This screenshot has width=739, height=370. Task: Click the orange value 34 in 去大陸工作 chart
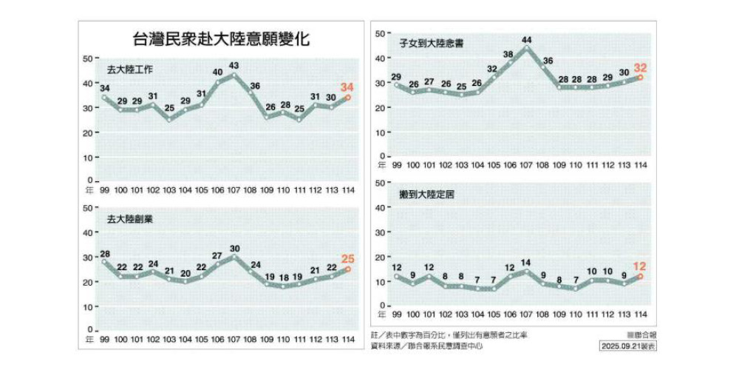(347, 87)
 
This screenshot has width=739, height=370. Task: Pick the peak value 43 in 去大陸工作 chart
(234, 66)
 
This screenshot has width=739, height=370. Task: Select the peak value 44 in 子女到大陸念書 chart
(527, 39)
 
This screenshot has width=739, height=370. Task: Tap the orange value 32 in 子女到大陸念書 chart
(641, 66)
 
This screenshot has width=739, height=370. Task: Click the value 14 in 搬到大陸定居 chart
(527, 262)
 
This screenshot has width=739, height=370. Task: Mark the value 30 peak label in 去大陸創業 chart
(234, 248)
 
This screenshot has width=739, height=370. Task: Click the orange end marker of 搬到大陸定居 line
(641, 276)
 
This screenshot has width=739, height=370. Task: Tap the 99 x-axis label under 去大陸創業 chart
(104, 339)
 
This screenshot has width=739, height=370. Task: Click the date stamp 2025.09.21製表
(628, 346)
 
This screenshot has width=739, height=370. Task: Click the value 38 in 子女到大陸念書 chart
(508, 54)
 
